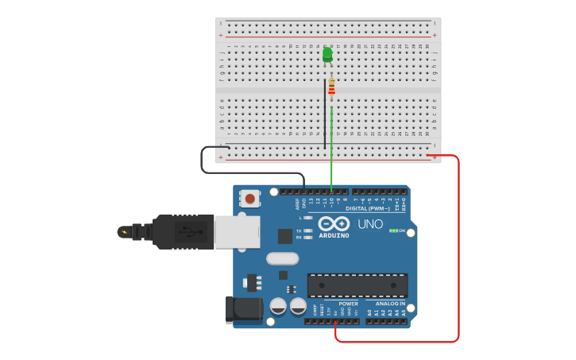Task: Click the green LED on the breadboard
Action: [327, 54]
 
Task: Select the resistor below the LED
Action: [331, 87]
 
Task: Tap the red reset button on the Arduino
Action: [250, 199]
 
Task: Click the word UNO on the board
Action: [370, 224]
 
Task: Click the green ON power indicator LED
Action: [392, 230]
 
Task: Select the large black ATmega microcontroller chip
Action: [357, 285]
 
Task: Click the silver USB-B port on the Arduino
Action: [237, 231]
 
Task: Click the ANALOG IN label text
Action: [390, 304]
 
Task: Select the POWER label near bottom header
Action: [348, 304]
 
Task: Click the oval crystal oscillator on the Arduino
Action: [282, 258]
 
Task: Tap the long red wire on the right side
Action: [458, 246]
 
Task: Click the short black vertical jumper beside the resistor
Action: [325, 111]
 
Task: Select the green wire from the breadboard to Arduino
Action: [331, 159]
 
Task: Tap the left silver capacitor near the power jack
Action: [278, 306]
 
